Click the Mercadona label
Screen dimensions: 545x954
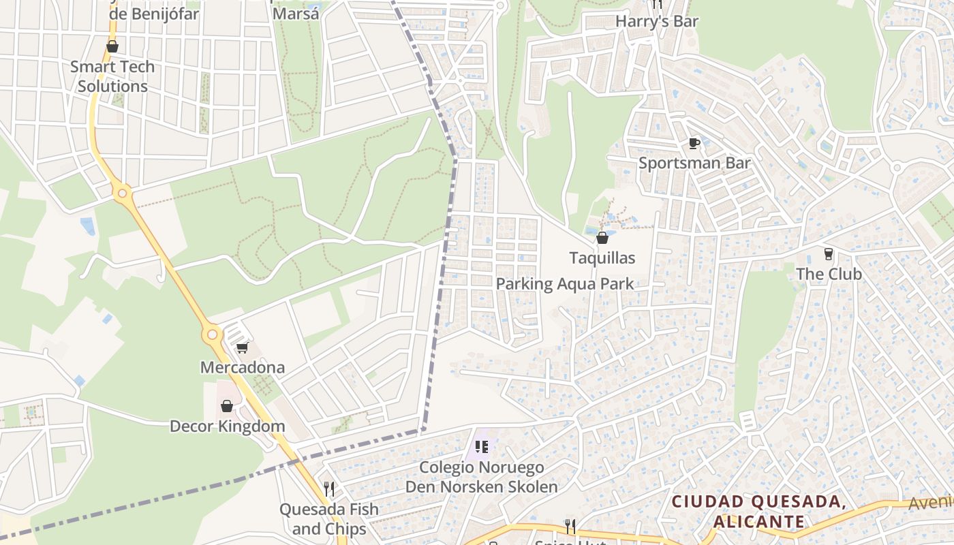pyautogui.click(x=242, y=368)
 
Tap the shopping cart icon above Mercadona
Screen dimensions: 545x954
pyautogui.click(x=242, y=348)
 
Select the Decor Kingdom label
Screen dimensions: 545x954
pyautogui.click(x=227, y=426)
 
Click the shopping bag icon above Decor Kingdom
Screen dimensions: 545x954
pyautogui.click(x=227, y=406)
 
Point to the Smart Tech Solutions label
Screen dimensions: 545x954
pyautogui.click(x=112, y=76)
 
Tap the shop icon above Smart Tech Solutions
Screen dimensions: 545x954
pyautogui.click(x=112, y=46)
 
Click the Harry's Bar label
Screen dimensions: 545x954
pyautogui.click(x=657, y=21)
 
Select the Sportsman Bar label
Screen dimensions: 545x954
pyautogui.click(x=694, y=163)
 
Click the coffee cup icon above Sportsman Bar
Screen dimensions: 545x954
pyautogui.click(x=694, y=143)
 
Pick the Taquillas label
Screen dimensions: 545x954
pyautogui.click(x=602, y=258)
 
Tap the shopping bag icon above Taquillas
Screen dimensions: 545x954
pyautogui.click(x=602, y=238)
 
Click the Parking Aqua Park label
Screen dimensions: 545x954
pyautogui.click(x=565, y=284)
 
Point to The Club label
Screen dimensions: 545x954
pyautogui.click(x=829, y=274)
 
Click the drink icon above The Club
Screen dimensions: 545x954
pyautogui.click(x=829, y=254)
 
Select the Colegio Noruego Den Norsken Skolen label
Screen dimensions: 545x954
pyautogui.click(x=482, y=477)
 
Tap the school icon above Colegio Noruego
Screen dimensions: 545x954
pyautogui.click(x=482, y=447)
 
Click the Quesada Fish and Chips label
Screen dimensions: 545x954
pyautogui.click(x=329, y=518)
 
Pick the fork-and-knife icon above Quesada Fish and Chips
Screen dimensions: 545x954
pyautogui.click(x=329, y=489)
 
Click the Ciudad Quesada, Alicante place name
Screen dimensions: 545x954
pyautogui.click(x=759, y=512)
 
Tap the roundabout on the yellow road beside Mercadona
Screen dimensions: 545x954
pyautogui.click(x=213, y=334)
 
